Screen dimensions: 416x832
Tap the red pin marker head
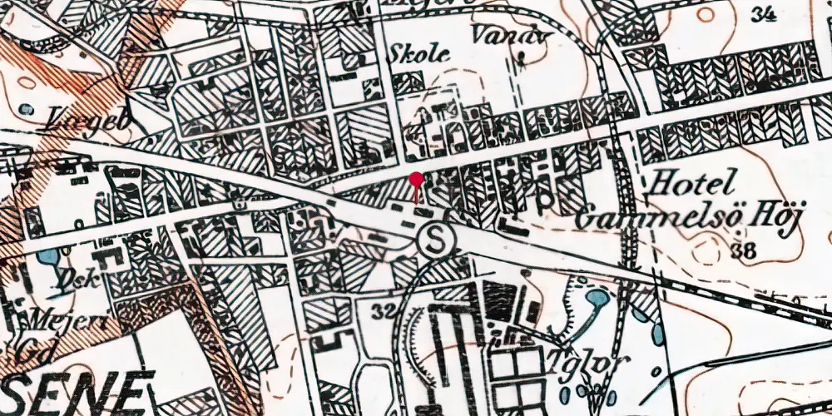pos(417,179)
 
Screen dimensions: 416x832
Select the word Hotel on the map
pos(695,182)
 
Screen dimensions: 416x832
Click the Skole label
pos(419,54)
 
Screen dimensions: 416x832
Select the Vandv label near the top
pos(499,34)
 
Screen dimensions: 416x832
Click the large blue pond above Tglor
pos(597,297)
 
